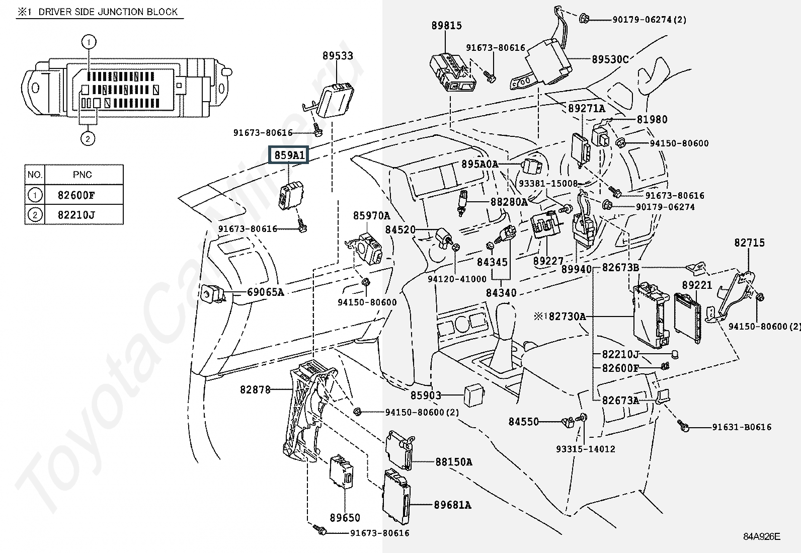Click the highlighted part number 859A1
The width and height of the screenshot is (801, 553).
pyautogui.click(x=289, y=155)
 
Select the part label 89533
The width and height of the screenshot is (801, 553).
pyautogui.click(x=338, y=56)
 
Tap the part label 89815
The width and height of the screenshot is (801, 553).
pyautogui.click(x=446, y=26)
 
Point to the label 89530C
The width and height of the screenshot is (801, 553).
pyautogui.click(x=610, y=59)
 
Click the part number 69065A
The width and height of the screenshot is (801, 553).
pyautogui.click(x=265, y=292)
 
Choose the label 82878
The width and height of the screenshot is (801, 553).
pyautogui.click(x=255, y=389)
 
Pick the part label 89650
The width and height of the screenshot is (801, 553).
pyautogui.click(x=345, y=518)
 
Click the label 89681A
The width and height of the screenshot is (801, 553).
pyautogui.click(x=452, y=505)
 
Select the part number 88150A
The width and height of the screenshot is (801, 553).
pyautogui.click(x=453, y=462)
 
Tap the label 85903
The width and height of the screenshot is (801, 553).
pyautogui.click(x=426, y=396)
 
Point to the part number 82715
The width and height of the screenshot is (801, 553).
pyautogui.click(x=749, y=243)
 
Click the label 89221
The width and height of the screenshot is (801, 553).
pyautogui.click(x=697, y=285)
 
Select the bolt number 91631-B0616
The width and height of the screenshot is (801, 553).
pyautogui.click(x=741, y=427)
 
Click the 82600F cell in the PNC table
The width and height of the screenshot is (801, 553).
pyautogui.click(x=76, y=195)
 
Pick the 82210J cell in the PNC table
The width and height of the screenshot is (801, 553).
pyautogui.click(x=76, y=215)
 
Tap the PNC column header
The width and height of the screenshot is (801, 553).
pyautogui.click(x=83, y=175)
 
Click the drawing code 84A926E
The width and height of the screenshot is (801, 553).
pyautogui.click(x=762, y=536)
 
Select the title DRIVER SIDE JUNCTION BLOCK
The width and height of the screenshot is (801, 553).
pyautogui.click(x=108, y=12)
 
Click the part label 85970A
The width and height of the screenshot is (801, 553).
pyautogui.click(x=371, y=216)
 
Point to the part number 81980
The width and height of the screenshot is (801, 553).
pyautogui.click(x=652, y=120)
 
